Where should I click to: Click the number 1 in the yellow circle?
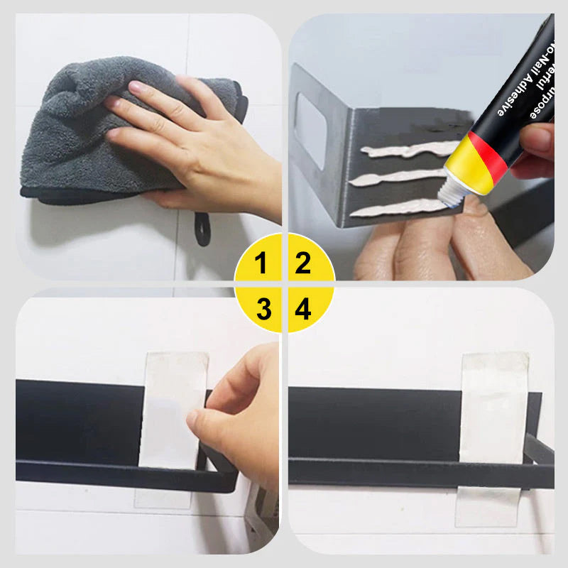pyautogui.click(x=261, y=263)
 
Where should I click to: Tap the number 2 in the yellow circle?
pyautogui.click(x=303, y=263)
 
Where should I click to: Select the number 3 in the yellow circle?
pyautogui.click(x=263, y=309)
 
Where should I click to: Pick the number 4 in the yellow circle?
pyautogui.click(x=303, y=309)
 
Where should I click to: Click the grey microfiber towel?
pyautogui.click(x=78, y=135)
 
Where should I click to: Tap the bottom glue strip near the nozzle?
pyautogui.click(x=398, y=207)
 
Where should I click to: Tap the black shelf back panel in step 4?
pyautogui.click(x=369, y=419)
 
